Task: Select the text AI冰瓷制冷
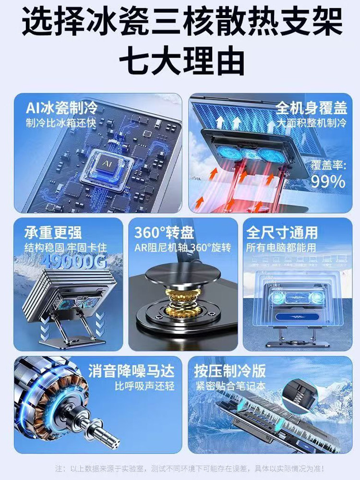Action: (x=61, y=107)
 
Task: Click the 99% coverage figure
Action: (x=328, y=181)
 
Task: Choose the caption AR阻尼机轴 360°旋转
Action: (x=182, y=248)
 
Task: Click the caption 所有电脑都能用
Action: (x=281, y=248)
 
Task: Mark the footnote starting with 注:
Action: (x=189, y=467)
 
